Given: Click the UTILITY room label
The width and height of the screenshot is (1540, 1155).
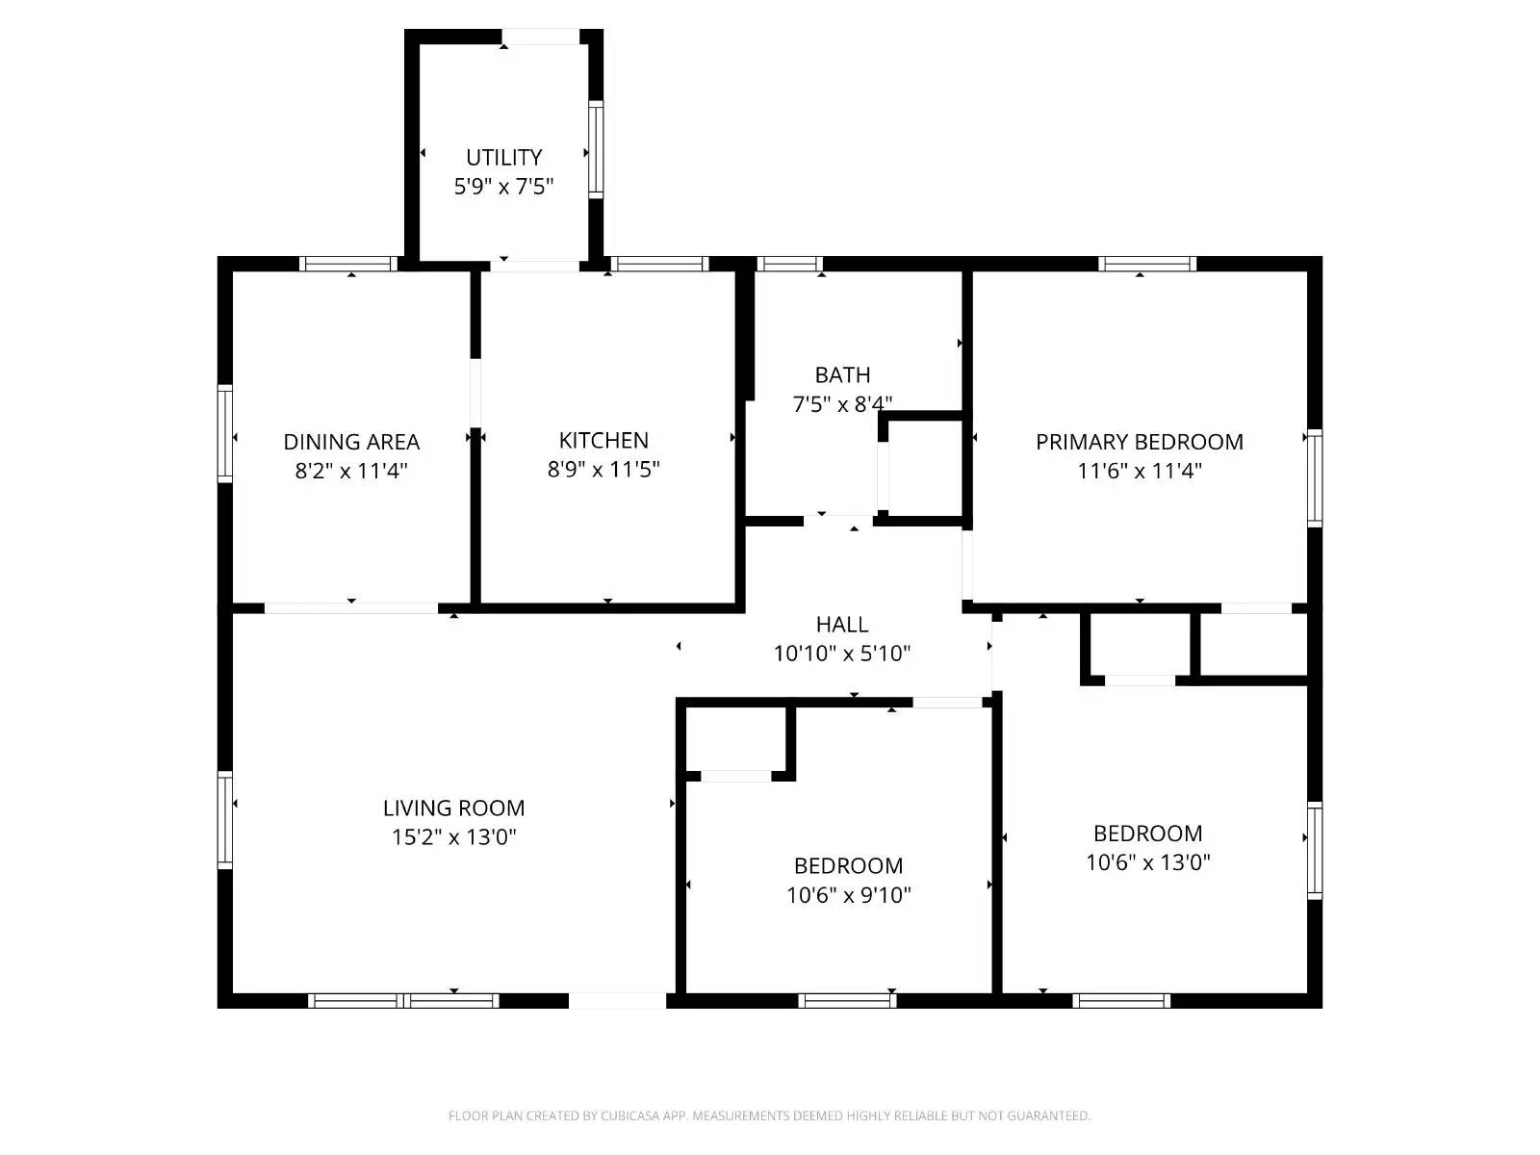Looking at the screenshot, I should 503,157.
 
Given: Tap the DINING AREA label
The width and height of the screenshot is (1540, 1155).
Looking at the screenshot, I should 351,442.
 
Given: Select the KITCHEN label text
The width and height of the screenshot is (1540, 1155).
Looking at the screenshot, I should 603,440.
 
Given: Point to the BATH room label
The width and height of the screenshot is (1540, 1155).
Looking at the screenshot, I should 842,374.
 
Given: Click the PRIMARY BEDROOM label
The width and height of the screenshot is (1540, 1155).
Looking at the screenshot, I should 1139,442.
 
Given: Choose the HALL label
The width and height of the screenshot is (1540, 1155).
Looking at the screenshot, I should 842,624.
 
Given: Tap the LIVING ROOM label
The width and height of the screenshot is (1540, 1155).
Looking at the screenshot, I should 453,808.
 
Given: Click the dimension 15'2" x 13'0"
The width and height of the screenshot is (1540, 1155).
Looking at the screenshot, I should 453,837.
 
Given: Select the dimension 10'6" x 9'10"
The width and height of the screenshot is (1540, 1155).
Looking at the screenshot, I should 848,895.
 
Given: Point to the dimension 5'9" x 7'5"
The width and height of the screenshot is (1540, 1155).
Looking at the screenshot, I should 503,187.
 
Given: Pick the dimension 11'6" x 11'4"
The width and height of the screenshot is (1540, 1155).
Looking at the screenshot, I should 1139,471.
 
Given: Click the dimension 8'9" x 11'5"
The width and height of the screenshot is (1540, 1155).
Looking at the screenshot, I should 603,470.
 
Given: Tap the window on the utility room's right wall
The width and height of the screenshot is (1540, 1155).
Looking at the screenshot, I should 596,149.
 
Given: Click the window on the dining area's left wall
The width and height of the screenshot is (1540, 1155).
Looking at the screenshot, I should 225,433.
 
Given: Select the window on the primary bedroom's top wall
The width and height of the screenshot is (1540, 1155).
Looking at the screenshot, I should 1147,263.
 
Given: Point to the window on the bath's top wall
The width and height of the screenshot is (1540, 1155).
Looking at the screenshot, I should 789,263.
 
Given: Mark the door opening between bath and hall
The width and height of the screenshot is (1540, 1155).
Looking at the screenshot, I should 838,521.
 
